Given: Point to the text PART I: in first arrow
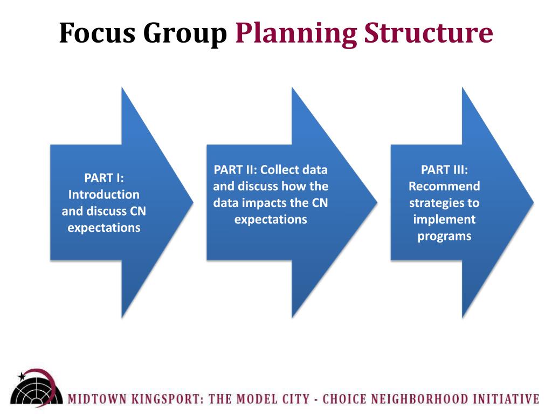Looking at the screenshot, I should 104,178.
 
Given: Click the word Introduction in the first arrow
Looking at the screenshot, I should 104,195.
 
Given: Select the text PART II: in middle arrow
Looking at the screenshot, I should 235,170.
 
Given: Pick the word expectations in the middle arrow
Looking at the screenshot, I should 271,219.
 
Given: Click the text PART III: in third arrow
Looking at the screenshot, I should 444,170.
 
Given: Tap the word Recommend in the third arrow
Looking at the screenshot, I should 444,187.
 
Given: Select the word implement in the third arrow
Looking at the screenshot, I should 444,219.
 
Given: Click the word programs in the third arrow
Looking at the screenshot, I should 444,236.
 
